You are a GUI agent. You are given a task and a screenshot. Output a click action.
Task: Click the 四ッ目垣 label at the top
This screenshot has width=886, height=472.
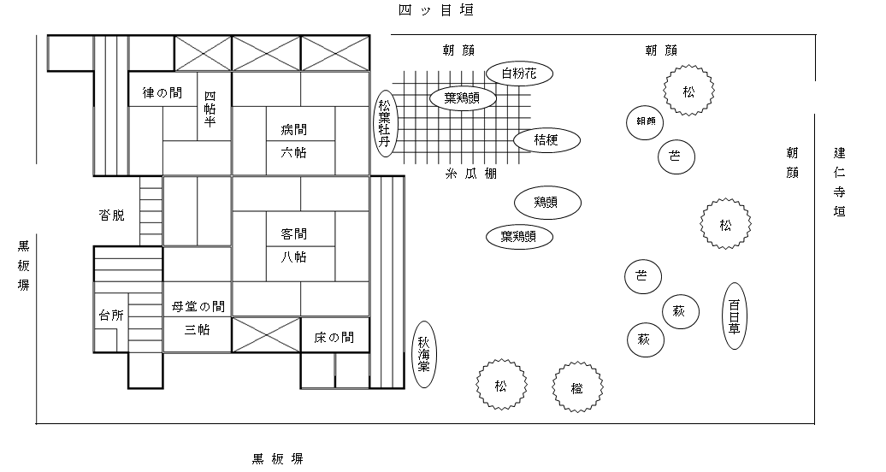click(x=435, y=11)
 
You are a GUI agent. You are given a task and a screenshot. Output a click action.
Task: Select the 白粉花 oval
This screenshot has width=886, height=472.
click(x=519, y=74)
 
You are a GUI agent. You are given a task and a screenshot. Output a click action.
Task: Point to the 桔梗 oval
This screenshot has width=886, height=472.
click(x=546, y=140)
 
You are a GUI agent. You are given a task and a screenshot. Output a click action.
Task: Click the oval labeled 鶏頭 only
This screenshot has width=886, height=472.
click(x=548, y=203)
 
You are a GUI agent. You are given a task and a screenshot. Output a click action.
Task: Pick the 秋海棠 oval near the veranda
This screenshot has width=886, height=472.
click(x=424, y=354)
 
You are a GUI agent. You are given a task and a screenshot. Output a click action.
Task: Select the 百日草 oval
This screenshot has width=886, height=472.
click(x=734, y=316)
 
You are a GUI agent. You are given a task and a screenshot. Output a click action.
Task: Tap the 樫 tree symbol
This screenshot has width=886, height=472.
click(x=577, y=386)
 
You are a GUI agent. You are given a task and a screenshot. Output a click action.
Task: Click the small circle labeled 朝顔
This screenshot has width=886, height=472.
click(x=646, y=121)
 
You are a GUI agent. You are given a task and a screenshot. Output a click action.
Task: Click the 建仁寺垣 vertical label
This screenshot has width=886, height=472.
click(x=840, y=181)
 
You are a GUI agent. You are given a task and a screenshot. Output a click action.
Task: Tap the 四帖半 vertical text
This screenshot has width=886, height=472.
click(x=210, y=109)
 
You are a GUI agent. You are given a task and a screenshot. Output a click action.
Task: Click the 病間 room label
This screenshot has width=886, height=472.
click(x=293, y=130)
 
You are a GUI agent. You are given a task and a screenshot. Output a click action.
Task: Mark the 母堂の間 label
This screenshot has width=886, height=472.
click(x=198, y=306)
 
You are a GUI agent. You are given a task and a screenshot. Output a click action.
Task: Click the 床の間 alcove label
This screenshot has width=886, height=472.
click(x=334, y=338)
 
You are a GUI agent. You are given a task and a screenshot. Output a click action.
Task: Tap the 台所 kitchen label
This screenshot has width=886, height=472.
click(x=111, y=315)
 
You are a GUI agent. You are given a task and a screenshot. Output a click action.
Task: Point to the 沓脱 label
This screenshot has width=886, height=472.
click(x=111, y=215)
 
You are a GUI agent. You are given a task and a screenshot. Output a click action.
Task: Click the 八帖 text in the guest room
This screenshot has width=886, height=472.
click(x=293, y=257)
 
